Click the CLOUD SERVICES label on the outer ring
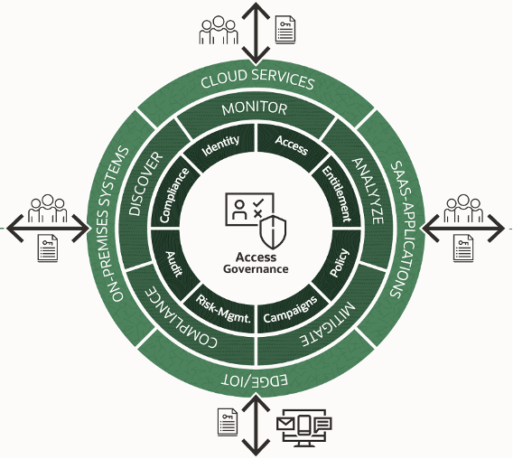pos(257,81)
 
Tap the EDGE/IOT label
pos(257,378)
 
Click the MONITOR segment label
pos(257,109)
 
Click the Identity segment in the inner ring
pos(221,143)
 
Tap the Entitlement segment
pos(335,192)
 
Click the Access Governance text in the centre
pos(256,262)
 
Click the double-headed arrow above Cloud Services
pos(257,32)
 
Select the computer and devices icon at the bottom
pos(304,427)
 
